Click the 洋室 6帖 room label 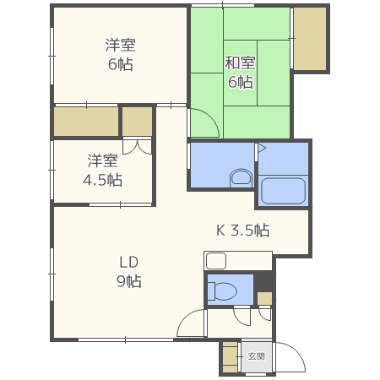[x=120, y=54]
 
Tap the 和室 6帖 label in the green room [x=239, y=72]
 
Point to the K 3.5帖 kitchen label [x=242, y=230]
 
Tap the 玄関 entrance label [x=256, y=356]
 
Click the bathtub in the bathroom [x=282, y=191]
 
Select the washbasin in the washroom [x=241, y=177]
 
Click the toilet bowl [x=224, y=291]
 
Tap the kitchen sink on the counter [x=215, y=260]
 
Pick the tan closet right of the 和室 [x=309, y=40]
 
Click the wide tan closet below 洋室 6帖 [x=86, y=122]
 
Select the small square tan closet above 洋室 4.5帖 [x=137, y=122]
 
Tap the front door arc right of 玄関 [x=289, y=355]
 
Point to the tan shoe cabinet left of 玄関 [x=230, y=357]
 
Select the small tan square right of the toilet [x=264, y=298]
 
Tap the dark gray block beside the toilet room [x=264, y=281]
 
